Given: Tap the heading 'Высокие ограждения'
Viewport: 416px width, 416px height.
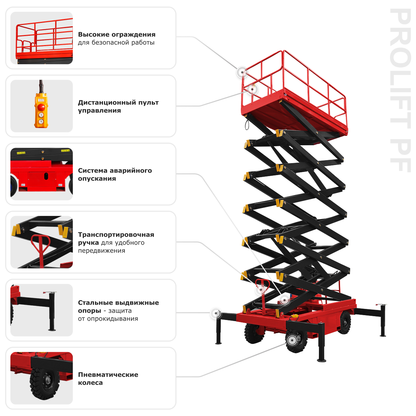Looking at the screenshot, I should point(116,34).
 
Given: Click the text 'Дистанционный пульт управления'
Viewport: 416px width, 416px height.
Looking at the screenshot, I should point(118,106).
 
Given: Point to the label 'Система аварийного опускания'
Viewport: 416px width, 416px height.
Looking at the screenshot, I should point(115,174).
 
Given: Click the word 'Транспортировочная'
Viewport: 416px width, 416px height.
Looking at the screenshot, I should point(116,234).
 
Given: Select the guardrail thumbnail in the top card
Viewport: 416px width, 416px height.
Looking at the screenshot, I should point(42,38).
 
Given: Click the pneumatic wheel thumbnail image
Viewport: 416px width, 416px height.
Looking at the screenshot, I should point(42,378).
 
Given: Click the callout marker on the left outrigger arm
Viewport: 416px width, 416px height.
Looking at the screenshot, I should point(216,313).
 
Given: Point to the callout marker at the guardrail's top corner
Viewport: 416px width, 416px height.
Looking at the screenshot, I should point(242,72).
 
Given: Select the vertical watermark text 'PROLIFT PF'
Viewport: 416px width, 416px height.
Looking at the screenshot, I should point(400,90).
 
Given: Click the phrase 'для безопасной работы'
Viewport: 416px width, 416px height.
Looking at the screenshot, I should point(116,43).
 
